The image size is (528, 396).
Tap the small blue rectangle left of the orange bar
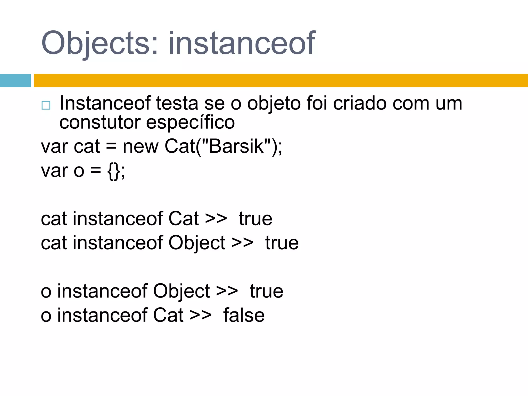click(x=15, y=80)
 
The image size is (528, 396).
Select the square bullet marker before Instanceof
click(x=46, y=105)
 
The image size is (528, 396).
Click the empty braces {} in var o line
click(x=114, y=171)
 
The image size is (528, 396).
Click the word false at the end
click(x=244, y=315)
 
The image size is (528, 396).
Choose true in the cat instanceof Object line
click(x=282, y=243)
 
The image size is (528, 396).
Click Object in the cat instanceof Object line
click(x=197, y=243)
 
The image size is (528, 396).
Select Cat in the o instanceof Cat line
click(x=168, y=315)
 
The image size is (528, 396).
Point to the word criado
click(x=360, y=103)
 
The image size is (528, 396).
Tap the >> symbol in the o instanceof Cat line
click(x=200, y=315)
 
